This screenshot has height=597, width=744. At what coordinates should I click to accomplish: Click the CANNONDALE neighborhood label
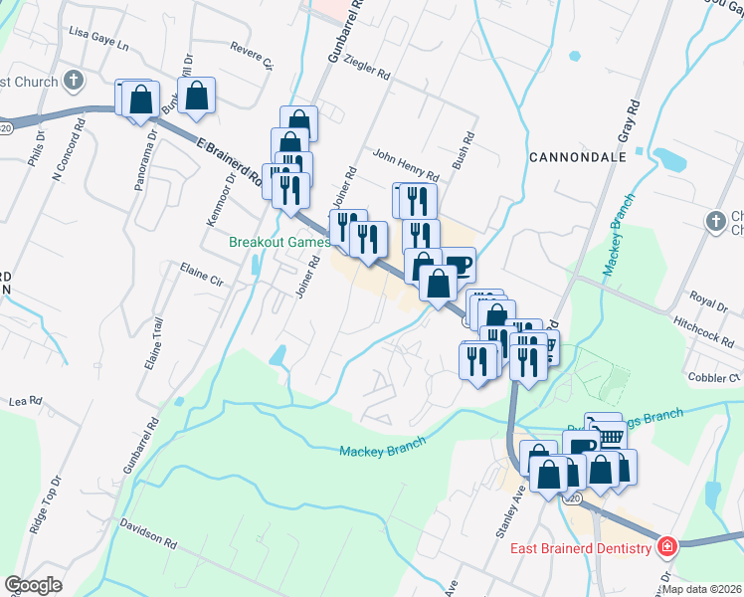click(578, 157)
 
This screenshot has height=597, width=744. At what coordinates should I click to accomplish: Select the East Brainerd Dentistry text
click(581, 548)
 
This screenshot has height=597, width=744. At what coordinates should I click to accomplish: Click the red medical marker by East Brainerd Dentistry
click(666, 547)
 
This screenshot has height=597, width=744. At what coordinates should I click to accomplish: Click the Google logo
click(33, 585)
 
